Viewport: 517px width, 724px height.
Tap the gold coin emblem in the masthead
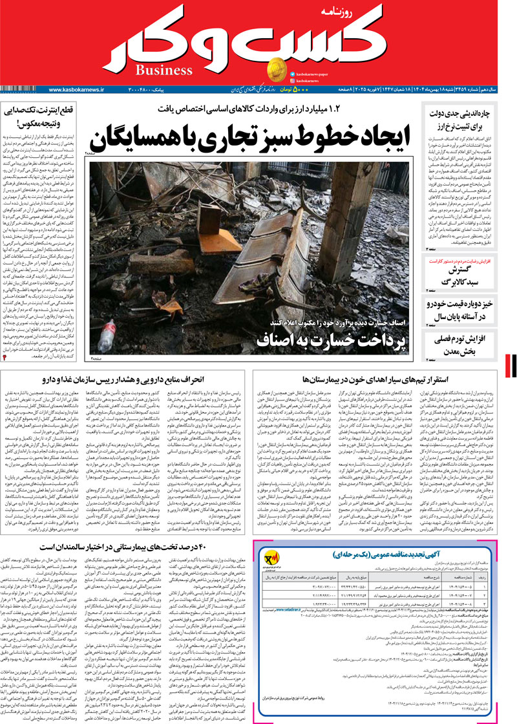[x=279, y=68]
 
